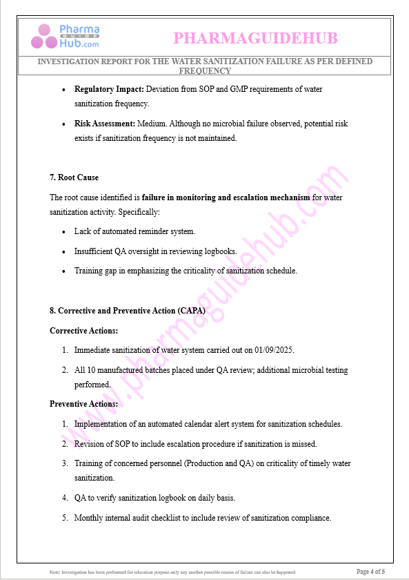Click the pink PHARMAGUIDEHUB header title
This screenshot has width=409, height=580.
255,38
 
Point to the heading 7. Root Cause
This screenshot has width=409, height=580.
74,177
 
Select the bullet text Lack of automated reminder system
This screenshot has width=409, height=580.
134,231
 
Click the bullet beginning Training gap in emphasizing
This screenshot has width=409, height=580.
186,271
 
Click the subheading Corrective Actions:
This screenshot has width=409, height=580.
83,331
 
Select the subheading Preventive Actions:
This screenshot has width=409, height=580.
83,404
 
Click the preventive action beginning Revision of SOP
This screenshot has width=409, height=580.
195,444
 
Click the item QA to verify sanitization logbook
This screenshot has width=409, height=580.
154,498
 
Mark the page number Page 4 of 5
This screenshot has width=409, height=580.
370,571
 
